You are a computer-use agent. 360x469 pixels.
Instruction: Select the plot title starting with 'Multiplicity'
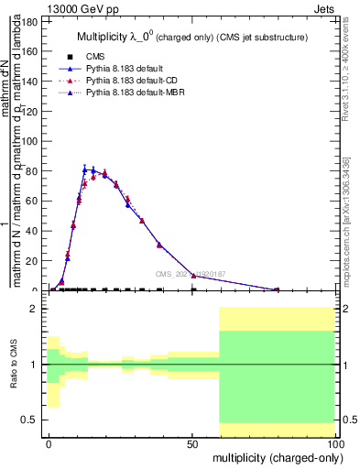click(x=191, y=38)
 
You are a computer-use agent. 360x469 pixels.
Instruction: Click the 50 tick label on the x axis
click(x=192, y=442)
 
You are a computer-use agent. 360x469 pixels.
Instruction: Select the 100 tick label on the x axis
click(x=333, y=442)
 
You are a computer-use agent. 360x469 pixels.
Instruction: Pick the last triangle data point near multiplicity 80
click(x=277, y=289)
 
